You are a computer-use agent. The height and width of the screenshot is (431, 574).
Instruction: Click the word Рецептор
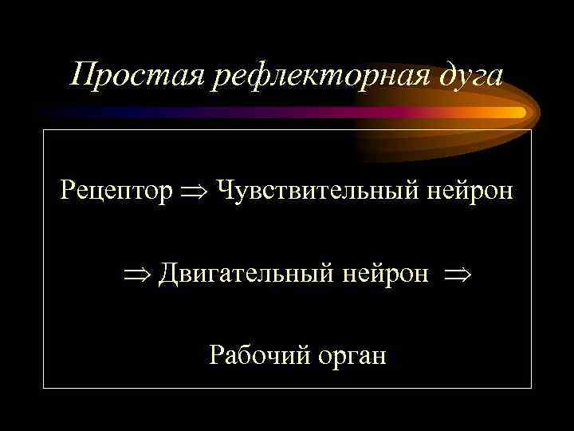point(116,192)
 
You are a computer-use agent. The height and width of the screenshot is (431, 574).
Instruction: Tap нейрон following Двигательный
point(386,274)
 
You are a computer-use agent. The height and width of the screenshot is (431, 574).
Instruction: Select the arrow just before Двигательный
point(137,275)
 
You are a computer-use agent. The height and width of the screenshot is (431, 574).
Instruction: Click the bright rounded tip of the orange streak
point(521,113)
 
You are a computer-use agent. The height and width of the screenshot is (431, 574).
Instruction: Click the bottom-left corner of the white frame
point(44,388)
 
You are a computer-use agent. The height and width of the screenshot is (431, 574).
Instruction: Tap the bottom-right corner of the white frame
point(531,388)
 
